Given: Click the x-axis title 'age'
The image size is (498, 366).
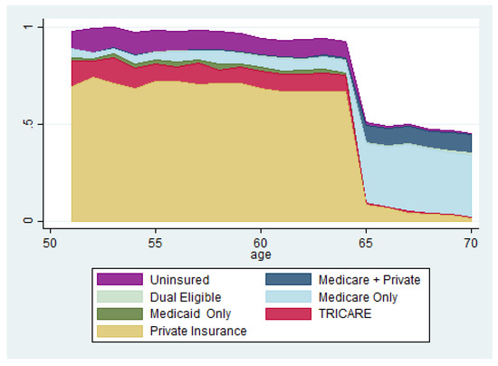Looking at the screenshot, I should pos(261,255).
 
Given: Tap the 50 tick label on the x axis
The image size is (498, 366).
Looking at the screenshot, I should pos(50,244).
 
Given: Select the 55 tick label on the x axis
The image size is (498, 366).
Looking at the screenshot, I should pos(156,244).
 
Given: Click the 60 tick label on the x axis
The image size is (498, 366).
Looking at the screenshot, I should pos(261,244).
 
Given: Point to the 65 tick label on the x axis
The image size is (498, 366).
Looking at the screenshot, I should pos(366,244).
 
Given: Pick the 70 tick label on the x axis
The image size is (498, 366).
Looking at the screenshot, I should pos(471,244).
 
